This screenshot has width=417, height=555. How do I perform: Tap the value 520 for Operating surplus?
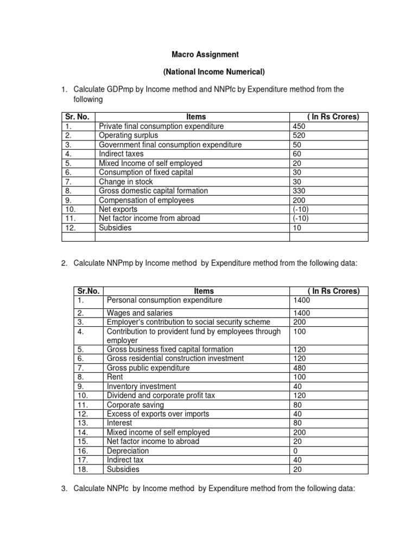click(x=299, y=135)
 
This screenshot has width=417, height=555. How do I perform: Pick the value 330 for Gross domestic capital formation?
click(x=299, y=191)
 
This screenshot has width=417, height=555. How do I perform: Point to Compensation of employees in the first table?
click(x=146, y=200)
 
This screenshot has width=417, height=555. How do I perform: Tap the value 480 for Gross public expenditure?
click(x=300, y=368)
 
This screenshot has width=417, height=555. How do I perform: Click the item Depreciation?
click(x=128, y=451)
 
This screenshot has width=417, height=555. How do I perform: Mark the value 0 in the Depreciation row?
click(x=296, y=451)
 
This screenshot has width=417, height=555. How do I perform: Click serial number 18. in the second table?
click(x=82, y=469)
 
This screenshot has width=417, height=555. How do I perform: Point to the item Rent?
click(x=115, y=377)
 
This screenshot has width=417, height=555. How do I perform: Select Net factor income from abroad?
click(x=149, y=218)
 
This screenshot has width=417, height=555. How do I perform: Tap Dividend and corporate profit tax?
click(x=161, y=396)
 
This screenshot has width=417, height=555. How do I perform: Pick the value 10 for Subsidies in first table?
click(x=297, y=228)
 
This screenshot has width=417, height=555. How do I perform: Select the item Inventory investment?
click(x=141, y=386)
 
